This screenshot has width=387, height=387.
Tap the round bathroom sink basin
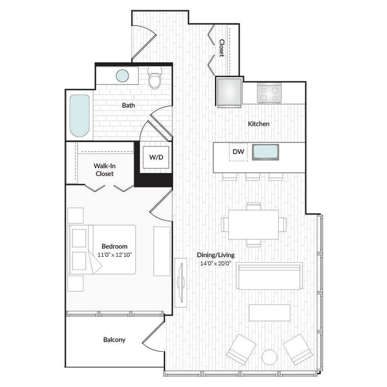tap(122, 76)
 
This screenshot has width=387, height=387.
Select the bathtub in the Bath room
tap(79, 116)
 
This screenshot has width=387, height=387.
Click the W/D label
tap(156, 157)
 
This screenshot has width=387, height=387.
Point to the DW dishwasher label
tap(238, 151)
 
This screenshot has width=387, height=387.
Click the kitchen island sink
tap(265, 152)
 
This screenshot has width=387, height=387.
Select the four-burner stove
tap(269, 93)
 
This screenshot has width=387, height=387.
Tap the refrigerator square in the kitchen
tap(229, 92)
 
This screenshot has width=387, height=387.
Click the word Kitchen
tap(259, 124)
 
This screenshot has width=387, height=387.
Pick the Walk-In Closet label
tap(105, 170)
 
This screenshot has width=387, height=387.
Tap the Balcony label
tap(114, 340)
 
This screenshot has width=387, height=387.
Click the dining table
tap(254, 224)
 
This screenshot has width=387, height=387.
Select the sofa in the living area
tap(270, 276)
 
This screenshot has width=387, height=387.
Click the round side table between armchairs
tap(270, 357)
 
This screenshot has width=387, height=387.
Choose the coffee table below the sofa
tap(270, 312)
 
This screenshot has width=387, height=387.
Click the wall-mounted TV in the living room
tap(181, 282)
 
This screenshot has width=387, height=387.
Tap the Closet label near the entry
tap(221, 48)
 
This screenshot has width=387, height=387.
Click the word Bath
tap(128, 105)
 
